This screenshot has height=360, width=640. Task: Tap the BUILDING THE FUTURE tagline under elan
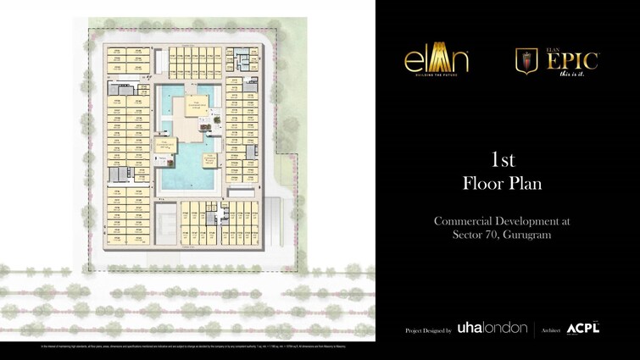coord(436,74)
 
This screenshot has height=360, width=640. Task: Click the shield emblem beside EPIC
coord(526,61)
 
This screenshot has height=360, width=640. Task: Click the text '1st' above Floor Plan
coord(504,159)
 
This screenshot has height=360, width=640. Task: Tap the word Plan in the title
coord(527,183)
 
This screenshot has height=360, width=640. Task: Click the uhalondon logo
coord(493,328)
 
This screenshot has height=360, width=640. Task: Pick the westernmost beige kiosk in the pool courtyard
coord(164,145)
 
